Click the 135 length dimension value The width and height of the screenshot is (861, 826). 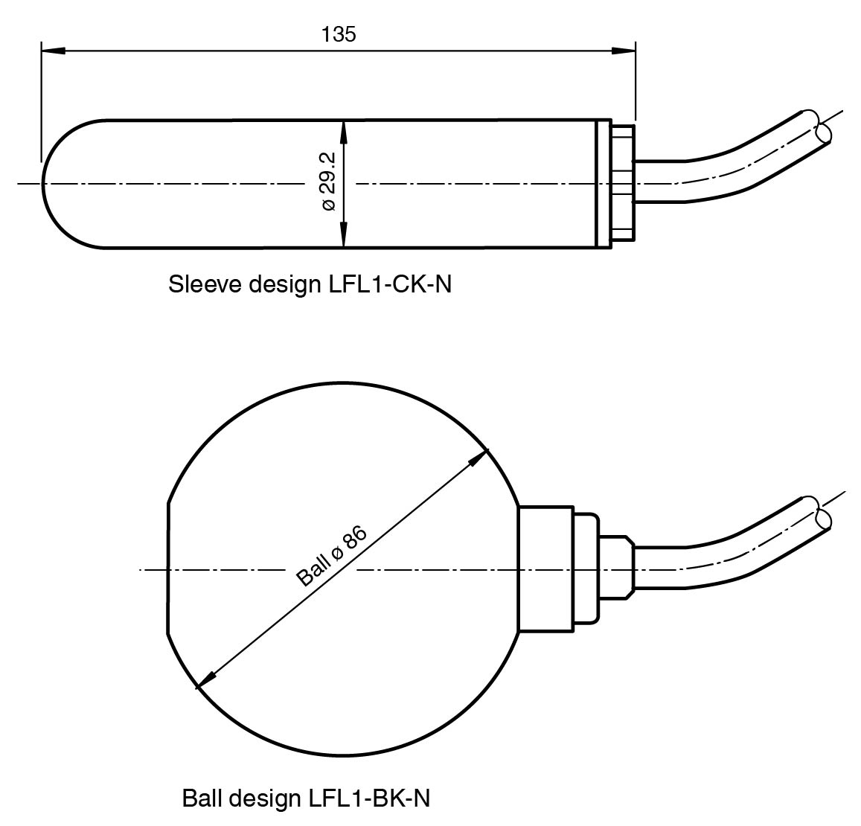tap(339, 34)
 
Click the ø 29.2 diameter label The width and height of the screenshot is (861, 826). tap(328, 182)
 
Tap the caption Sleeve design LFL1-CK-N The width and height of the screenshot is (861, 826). tap(310, 284)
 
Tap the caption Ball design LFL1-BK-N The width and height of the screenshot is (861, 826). tap(306, 798)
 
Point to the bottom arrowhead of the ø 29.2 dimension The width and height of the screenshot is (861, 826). tap(344, 235)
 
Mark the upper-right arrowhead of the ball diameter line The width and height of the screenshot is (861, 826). tap(478, 458)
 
